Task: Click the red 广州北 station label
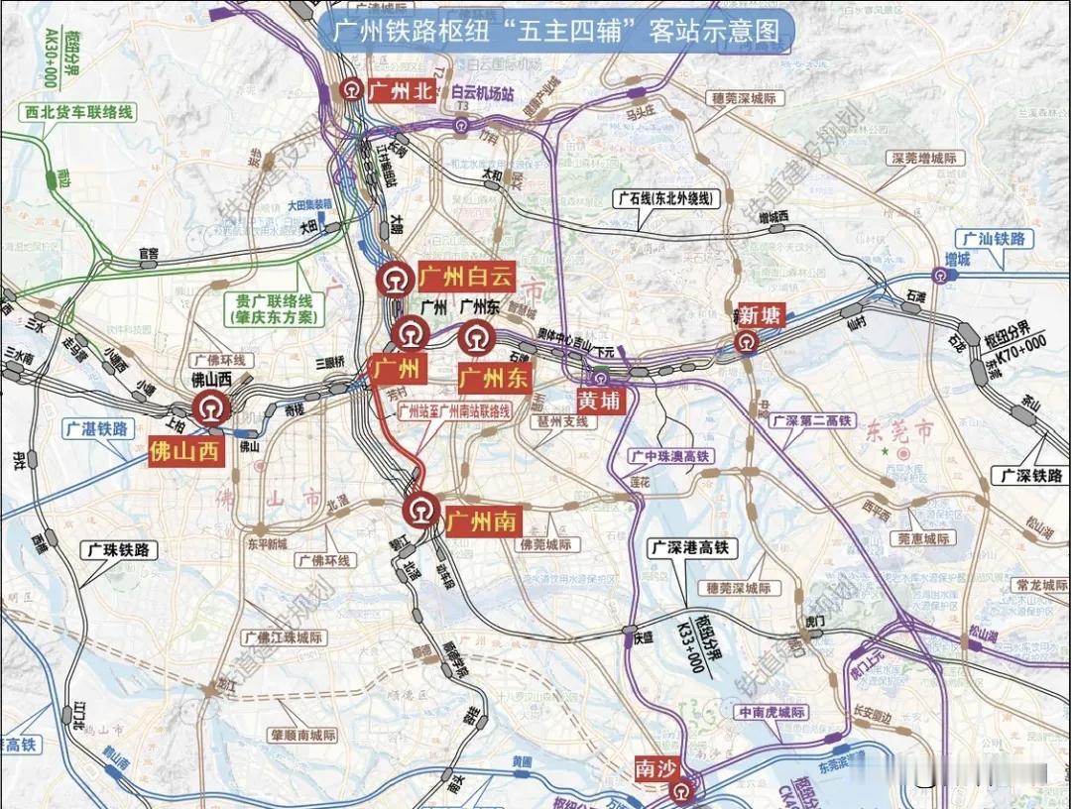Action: [401, 91]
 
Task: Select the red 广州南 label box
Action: [482, 520]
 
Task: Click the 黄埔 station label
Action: [602, 400]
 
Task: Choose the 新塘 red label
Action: [760, 316]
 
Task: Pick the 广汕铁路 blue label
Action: [996, 239]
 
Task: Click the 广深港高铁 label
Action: [688, 547]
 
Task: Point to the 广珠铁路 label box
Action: [119, 549]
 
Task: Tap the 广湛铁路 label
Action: [96, 429]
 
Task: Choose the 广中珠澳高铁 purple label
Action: [670, 456]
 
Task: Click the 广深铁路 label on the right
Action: [1031, 476]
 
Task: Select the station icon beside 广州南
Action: [419, 510]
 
